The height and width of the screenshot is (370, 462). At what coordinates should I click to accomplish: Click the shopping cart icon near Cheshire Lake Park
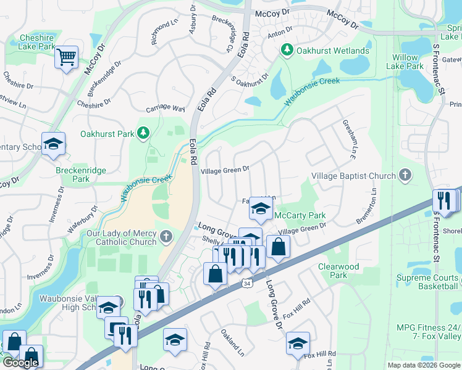pos(66,58)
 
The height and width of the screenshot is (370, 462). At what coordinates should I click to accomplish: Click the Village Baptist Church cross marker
pos(405,176)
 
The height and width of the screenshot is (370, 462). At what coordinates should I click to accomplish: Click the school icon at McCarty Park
pos(261,209)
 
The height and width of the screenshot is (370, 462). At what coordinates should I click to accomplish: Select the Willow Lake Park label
pos(405,62)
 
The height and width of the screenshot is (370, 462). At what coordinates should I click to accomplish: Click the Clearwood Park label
pos(338,271)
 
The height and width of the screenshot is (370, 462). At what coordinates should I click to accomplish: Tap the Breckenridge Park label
pos(81,175)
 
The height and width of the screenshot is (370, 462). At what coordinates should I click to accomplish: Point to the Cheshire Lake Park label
pos(36,42)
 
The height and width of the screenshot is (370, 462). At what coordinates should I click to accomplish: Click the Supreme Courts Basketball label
pos(427,282)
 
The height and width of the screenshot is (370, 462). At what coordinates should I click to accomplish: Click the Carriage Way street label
pos(166,109)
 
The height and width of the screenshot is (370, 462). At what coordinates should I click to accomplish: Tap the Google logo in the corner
pos(20,363)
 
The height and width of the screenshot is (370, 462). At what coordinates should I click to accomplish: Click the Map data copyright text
pos(424,365)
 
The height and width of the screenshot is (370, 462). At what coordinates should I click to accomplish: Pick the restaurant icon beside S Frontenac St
pos(444,201)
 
